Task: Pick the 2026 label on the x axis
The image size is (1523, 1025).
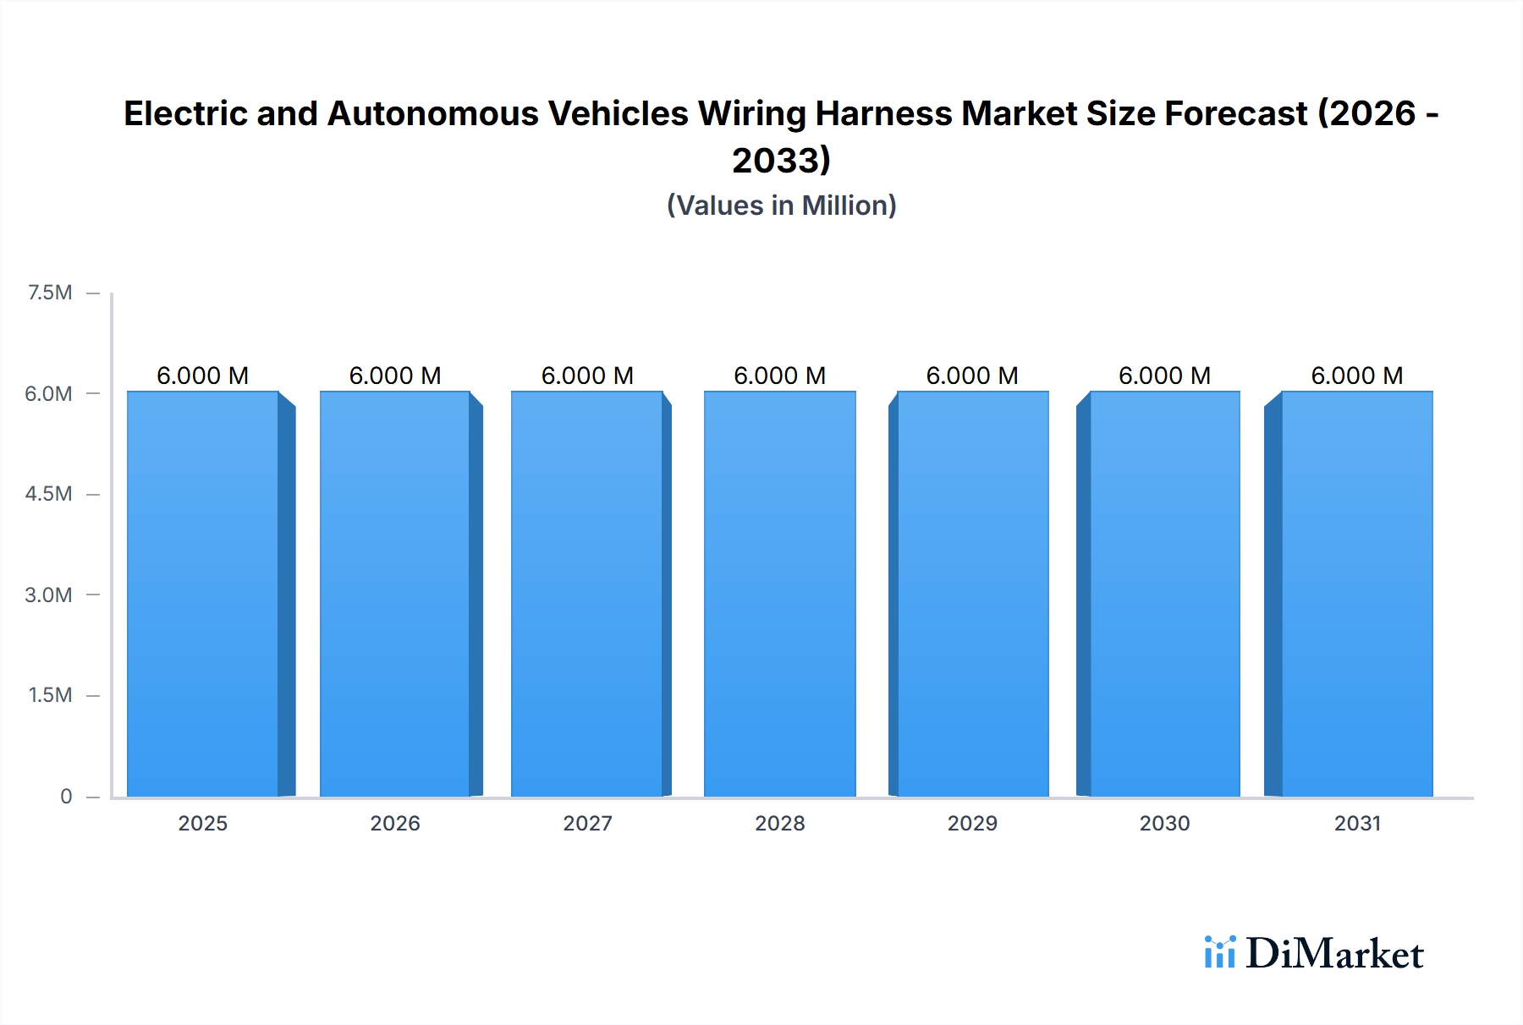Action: point(395,823)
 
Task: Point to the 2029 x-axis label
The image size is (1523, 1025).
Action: point(972,823)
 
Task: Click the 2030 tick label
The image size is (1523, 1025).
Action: point(1164,823)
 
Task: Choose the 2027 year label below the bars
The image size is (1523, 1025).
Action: point(587,823)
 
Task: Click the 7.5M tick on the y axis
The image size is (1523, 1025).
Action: point(50,293)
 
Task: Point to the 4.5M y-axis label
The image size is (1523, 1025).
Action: point(48,494)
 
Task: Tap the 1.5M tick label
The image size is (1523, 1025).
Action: point(50,695)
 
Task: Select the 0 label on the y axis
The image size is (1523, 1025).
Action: point(66,796)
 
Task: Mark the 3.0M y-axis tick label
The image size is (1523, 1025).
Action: point(48,595)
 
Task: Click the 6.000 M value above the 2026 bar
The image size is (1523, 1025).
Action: point(395,375)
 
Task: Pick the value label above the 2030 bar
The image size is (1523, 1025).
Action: point(1164,375)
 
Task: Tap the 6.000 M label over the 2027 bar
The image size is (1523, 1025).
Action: point(587,375)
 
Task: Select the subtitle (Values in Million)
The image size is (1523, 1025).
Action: point(781,206)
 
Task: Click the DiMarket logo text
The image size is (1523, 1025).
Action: point(1334,954)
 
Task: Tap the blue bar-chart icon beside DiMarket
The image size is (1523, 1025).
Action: point(1219,952)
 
